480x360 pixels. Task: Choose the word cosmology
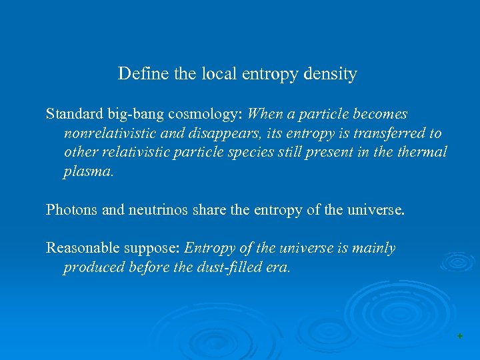pyautogui.click(x=199, y=115)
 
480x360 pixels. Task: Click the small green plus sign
pyautogui.click(x=459, y=337)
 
